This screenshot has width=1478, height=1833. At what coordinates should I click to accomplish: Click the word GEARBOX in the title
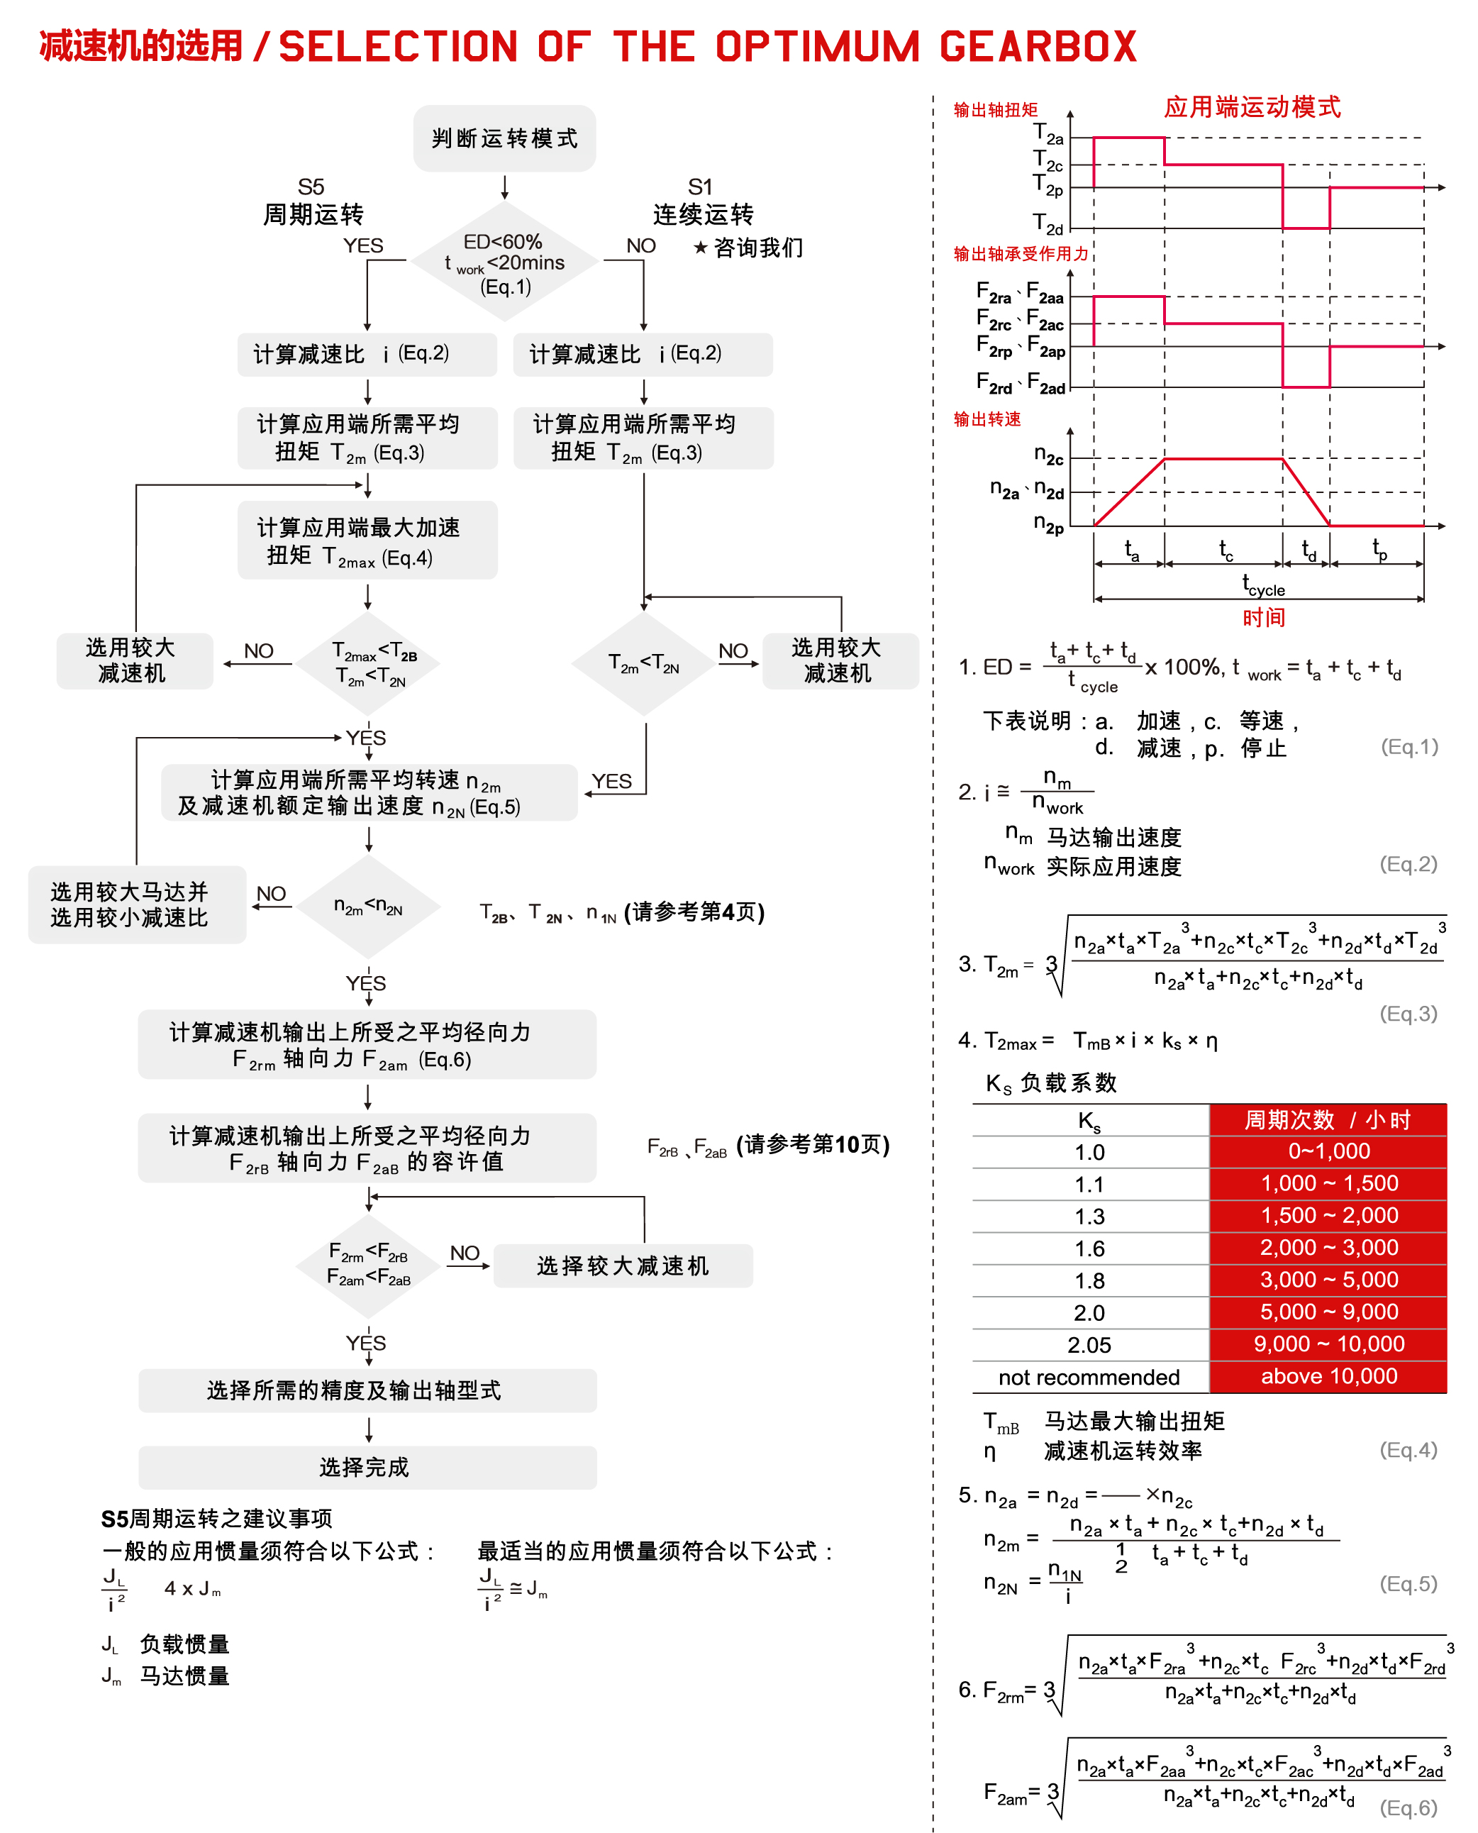pos(1039,47)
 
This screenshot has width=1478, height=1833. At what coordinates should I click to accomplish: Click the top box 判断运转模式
pos(504,138)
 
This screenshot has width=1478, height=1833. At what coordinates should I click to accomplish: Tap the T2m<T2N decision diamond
pos(644,663)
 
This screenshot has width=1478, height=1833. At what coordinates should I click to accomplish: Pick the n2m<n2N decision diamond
pos(368,906)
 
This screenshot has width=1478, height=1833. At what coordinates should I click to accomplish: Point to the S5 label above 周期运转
pos(311,187)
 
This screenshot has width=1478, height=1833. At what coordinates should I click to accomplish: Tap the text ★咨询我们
pos(748,248)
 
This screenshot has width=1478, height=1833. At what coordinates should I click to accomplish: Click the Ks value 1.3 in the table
pos(1090,1217)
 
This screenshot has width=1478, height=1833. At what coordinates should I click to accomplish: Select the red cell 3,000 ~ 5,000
pos(1328,1280)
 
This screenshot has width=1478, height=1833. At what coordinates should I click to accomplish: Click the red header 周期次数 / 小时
pos(1328,1119)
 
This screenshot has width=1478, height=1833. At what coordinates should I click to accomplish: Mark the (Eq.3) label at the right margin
pos(1408,1013)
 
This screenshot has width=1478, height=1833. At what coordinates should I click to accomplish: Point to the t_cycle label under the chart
pos(1263,586)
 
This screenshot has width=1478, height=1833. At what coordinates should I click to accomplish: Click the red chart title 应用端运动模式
pos(1252,107)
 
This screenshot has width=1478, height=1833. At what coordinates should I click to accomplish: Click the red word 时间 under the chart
pos(1263,617)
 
